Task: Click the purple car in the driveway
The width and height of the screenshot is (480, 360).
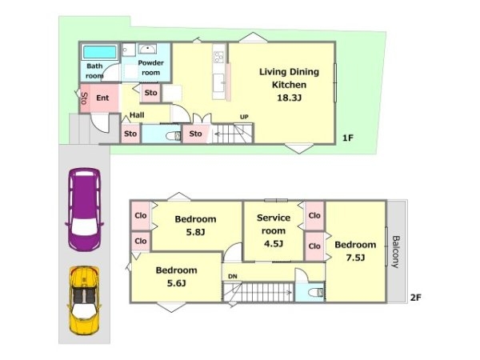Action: pyautogui.click(x=84, y=210)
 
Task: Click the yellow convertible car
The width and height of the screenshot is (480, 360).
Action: pyautogui.click(x=84, y=301)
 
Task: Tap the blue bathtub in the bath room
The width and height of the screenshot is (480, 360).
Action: pyautogui.click(x=100, y=52)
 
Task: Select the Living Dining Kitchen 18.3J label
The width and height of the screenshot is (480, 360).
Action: pyautogui.click(x=289, y=85)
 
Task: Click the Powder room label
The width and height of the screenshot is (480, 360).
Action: pyautogui.click(x=150, y=68)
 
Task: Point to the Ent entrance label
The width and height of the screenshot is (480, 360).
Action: pyautogui.click(x=102, y=98)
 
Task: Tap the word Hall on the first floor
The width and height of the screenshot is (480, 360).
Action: pyautogui.click(x=137, y=115)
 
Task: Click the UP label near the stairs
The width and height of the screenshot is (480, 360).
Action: pyautogui.click(x=244, y=117)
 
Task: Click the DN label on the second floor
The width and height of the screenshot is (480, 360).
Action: pyautogui.click(x=233, y=277)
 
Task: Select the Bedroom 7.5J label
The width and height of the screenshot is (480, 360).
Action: pyautogui.click(x=355, y=251)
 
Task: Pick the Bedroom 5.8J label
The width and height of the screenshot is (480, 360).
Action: pyautogui.click(x=195, y=226)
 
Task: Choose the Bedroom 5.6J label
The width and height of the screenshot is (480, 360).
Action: pyautogui.click(x=176, y=277)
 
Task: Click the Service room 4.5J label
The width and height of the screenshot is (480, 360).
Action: pyautogui.click(x=274, y=230)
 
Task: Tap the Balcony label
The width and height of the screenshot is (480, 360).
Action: pyautogui.click(x=396, y=252)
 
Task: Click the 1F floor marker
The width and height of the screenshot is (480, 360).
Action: pyautogui.click(x=348, y=138)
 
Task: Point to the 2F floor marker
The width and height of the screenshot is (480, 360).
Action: pyautogui.click(x=416, y=297)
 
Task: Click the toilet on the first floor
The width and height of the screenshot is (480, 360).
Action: pyautogui.click(x=174, y=136)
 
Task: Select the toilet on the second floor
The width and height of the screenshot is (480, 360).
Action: pyautogui.click(x=316, y=293)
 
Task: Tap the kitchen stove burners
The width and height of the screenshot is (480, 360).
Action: pyautogui.click(x=219, y=58)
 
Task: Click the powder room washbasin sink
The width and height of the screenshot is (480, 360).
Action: pyautogui.click(x=147, y=49)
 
